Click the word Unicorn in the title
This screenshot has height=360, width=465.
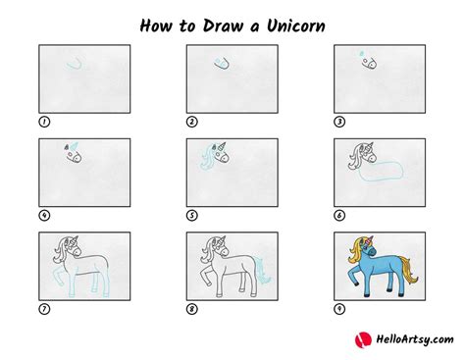point(296,26)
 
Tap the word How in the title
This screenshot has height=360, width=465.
point(156,26)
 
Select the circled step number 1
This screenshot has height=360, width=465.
point(44,122)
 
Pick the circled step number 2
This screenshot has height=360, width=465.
point(192,122)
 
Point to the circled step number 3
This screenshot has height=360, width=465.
point(339,122)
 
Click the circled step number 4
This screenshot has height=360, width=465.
point(44,216)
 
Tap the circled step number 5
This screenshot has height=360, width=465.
point(192,216)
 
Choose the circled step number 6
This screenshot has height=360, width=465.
point(339,216)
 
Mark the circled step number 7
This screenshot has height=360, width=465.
point(44,309)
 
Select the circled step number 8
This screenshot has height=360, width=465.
point(192,309)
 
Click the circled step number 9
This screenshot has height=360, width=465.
point(339,309)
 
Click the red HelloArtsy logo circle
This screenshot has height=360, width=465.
point(363,339)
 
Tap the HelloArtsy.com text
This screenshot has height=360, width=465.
point(415,339)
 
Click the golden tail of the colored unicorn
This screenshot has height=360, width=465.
point(409,271)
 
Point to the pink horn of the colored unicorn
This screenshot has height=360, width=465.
point(371,241)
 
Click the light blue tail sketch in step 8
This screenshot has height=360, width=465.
point(263,271)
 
